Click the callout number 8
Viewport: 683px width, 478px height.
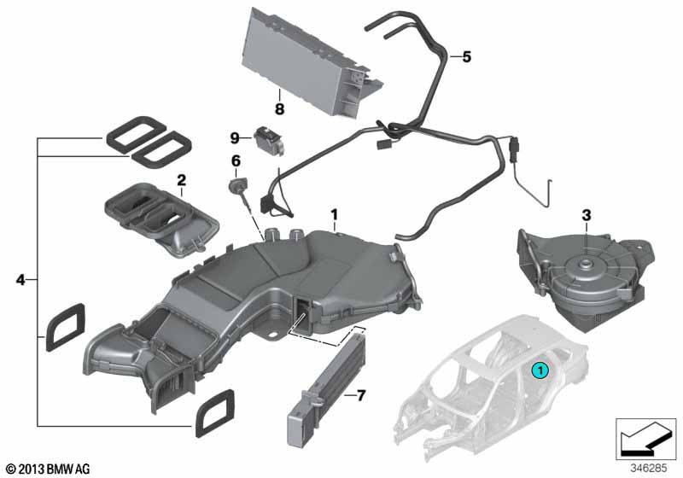(279, 108)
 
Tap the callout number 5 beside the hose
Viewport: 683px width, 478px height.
(466, 57)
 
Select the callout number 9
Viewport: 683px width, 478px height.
(235, 139)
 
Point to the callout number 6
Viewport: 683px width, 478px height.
(236, 161)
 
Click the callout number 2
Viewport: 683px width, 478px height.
(181, 180)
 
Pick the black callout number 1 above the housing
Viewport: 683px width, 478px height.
(334, 214)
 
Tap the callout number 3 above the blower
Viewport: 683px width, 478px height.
(587, 215)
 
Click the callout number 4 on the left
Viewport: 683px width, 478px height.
(20, 280)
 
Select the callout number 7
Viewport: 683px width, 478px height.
(361, 396)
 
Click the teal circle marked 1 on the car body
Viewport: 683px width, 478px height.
(540, 371)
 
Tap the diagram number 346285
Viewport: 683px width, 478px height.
(649, 469)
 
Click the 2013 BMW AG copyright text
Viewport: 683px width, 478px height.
(49, 469)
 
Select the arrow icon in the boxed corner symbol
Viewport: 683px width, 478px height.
(645, 438)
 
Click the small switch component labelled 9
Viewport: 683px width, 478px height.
(269, 139)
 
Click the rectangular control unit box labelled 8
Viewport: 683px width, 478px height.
(312, 63)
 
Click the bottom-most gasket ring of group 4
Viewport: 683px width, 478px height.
(215, 412)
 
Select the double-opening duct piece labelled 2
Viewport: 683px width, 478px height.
(161, 219)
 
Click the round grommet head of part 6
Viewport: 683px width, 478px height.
(236, 185)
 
